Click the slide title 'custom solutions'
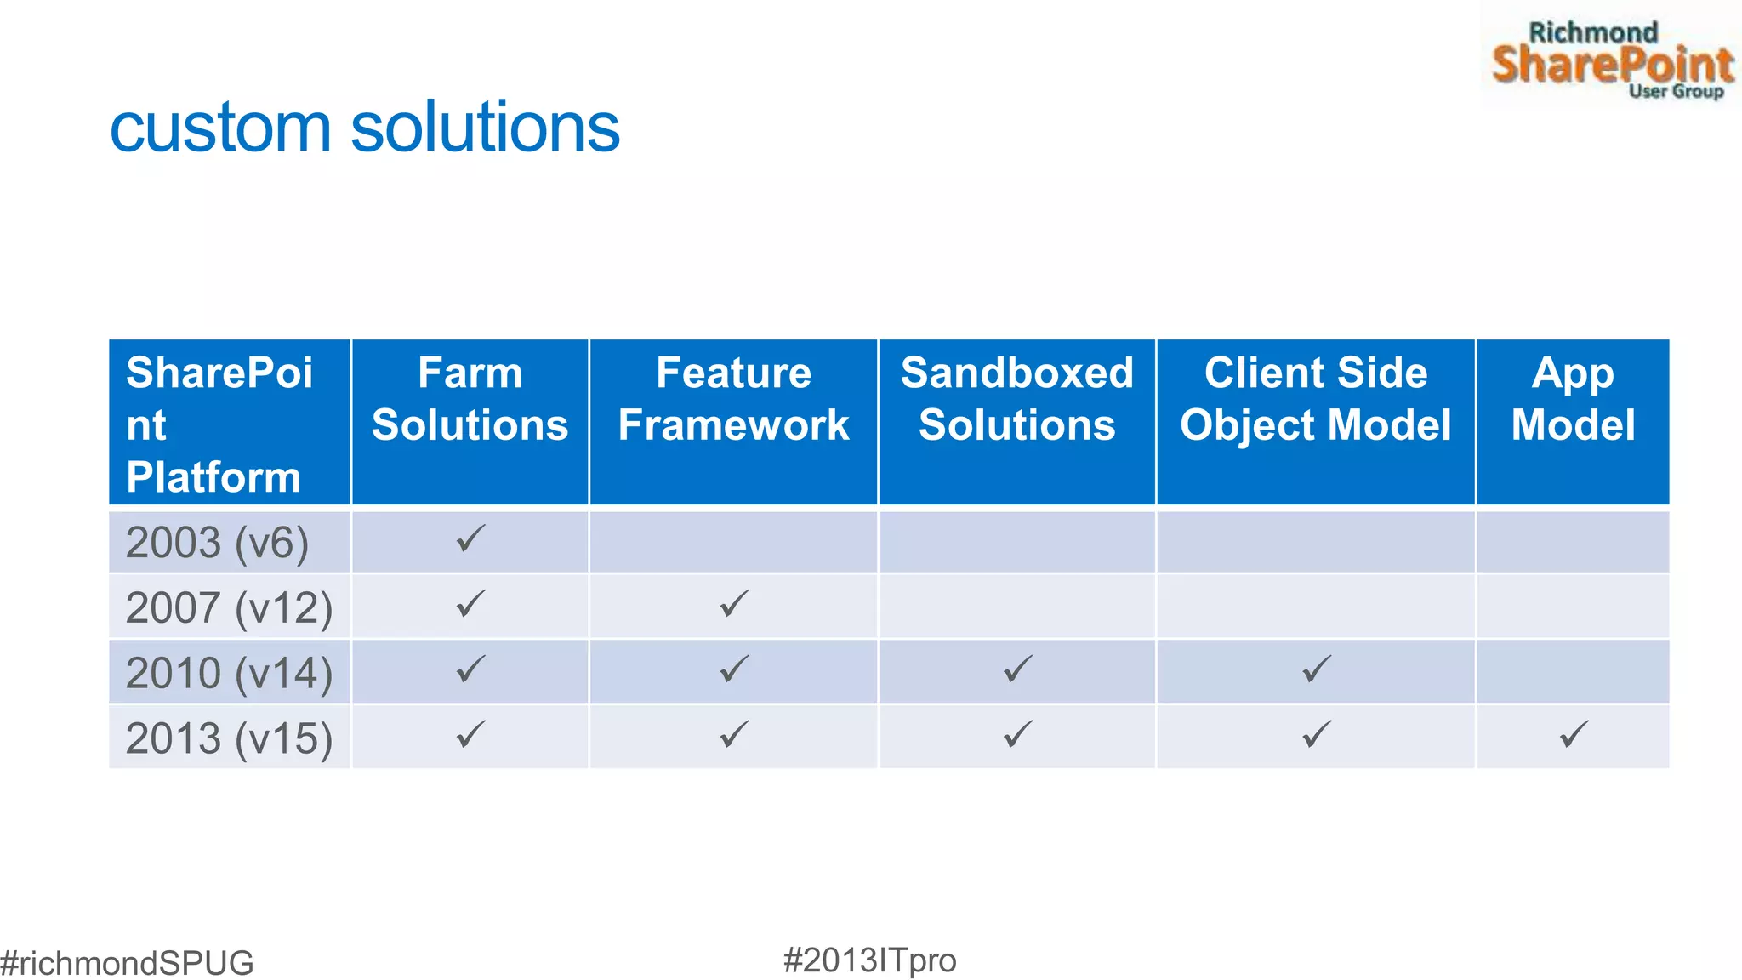(365, 128)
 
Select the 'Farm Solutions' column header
(470, 399)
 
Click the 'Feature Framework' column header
(733, 399)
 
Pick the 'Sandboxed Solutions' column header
(1016, 399)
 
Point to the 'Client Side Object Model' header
(1315, 399)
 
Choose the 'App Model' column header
(1573, 399)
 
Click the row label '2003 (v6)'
(217, 543)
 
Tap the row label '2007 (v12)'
(229, 607)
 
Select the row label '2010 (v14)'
(229, 673)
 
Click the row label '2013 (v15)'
(229, 738)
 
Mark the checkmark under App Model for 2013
(1574, 734)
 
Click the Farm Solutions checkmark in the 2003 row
(470, 538)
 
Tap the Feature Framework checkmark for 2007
(734, 604)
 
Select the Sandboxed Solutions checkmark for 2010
(1017, 669)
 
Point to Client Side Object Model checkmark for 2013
(1316, 734)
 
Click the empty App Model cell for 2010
(1573, 672)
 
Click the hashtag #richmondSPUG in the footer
(128, 963)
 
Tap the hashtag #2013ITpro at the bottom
(869, 960)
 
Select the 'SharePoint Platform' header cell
(219, 424)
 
